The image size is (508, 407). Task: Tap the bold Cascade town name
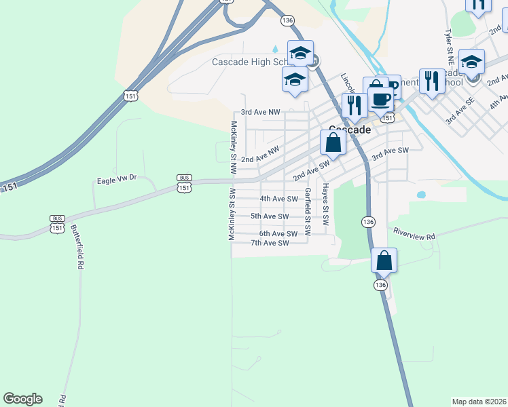tap(350, 130)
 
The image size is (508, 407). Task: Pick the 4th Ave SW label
tap(278, 199)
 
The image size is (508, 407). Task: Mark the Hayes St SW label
tap(325, 204)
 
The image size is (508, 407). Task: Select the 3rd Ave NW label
tap(260, 112)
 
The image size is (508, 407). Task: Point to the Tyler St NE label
tap(449, 45)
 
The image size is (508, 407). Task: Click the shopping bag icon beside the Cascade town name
tap(333, 142)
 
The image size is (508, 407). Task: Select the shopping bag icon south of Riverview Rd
tap(384, 260)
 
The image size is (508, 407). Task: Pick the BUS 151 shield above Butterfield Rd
tap(57, 223)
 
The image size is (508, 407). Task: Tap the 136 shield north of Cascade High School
tap(287, 21)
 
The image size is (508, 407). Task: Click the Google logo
tap(22, 399)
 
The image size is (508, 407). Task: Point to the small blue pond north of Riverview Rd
tap(421, 195)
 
